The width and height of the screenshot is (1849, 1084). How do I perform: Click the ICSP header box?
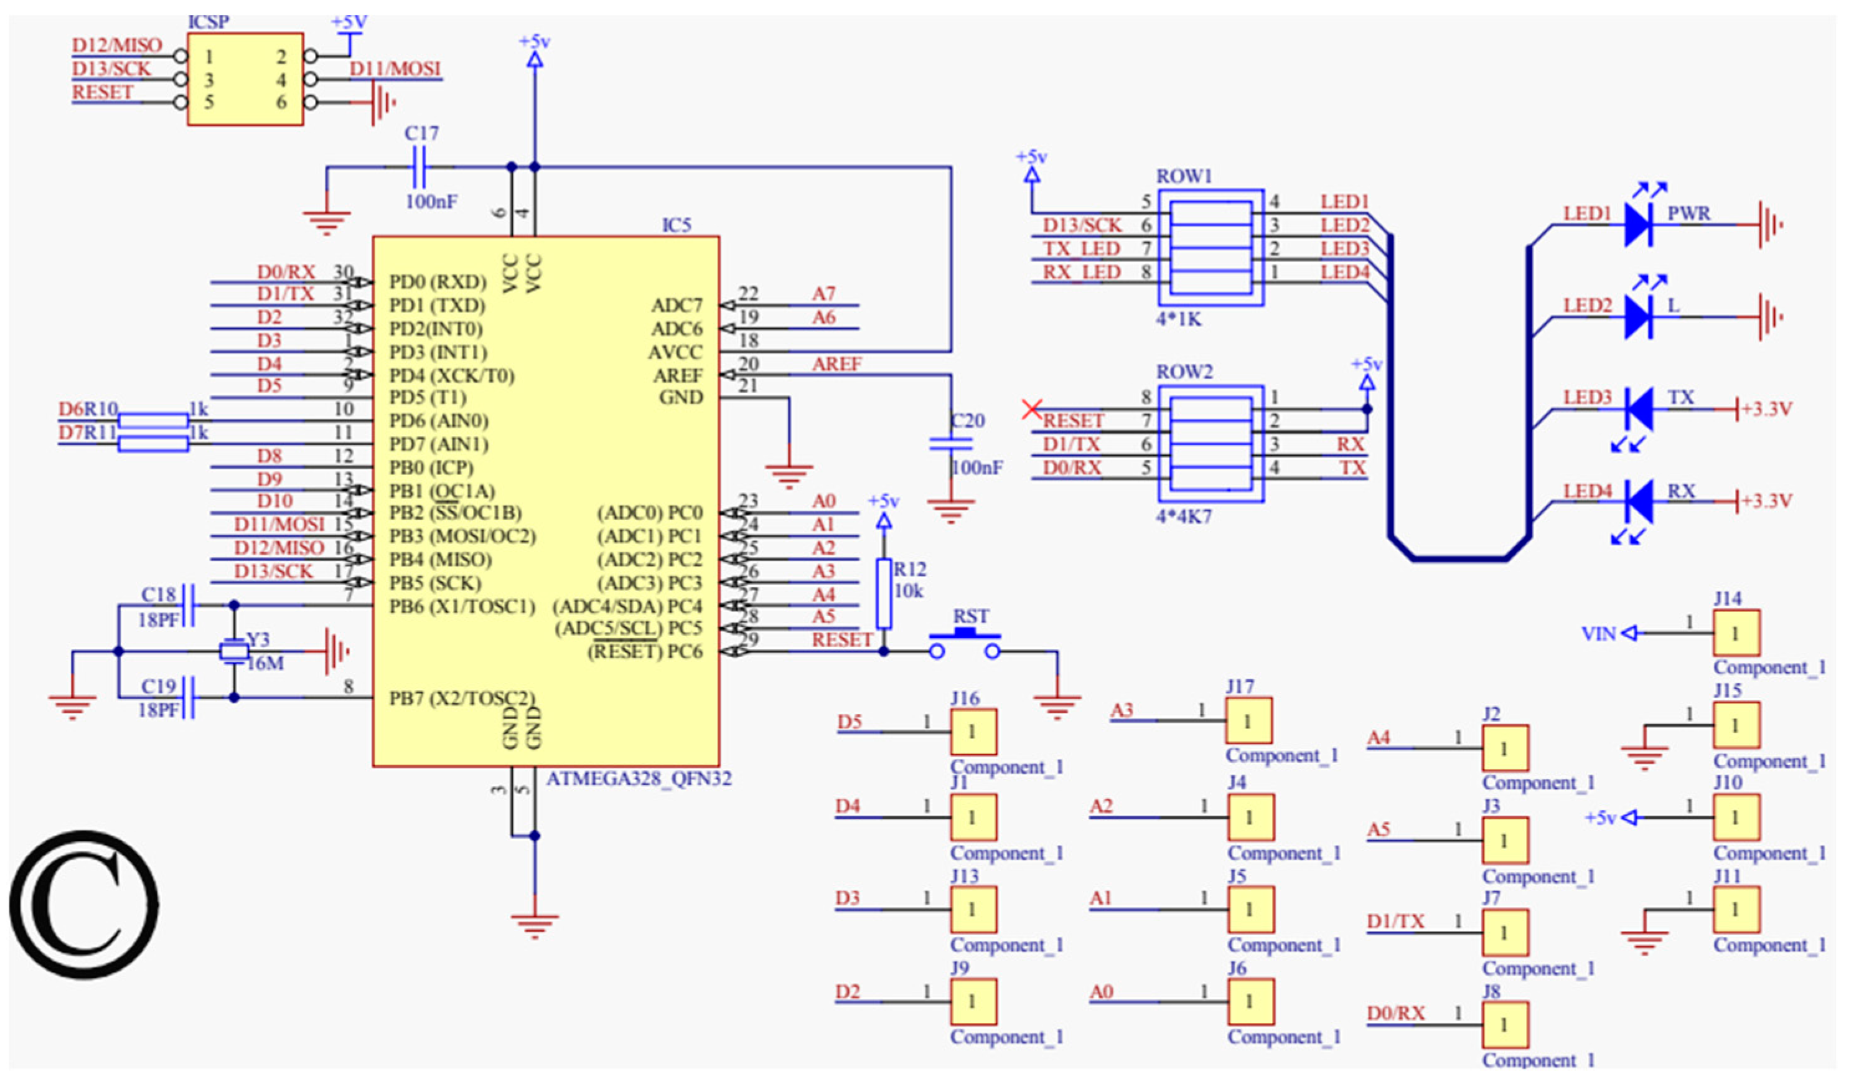(x=245, y=79)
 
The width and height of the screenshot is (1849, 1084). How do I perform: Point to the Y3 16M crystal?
(x=234, y=652)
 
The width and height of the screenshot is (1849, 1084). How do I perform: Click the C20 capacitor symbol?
(x=951, y=443)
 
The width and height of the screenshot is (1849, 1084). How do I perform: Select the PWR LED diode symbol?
(x=1637, y=225)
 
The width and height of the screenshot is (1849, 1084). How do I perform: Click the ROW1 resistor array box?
(x=1210, y=247)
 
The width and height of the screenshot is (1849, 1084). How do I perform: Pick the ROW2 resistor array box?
(x=1210, y=444)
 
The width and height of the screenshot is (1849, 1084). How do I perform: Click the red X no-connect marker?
(x=1032, y=409)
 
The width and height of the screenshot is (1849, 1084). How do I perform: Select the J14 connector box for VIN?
(x=1736, y=633)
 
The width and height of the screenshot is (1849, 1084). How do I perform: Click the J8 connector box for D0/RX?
(x=1505, y=1025)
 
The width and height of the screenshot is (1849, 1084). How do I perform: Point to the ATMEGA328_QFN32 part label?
(x=639, y=779)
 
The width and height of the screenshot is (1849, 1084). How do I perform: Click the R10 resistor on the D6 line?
(x=153, y=420)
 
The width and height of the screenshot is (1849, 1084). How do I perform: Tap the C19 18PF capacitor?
(x=189, y=697)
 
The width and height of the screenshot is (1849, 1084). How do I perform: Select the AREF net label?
(x=836, y=364)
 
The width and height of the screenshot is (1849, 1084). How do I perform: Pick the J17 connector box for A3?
(x=1248, y=721)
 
